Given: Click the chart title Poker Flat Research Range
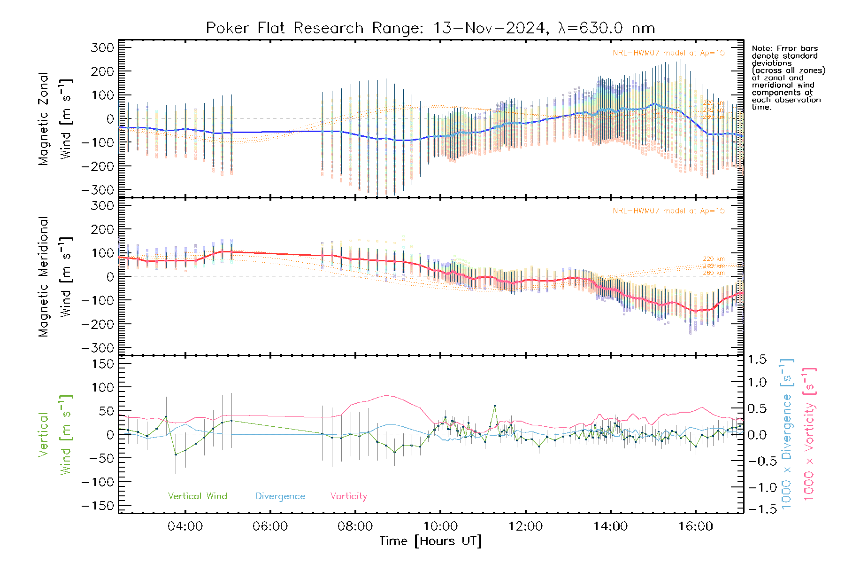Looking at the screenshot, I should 430,28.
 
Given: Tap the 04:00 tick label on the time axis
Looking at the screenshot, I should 185,526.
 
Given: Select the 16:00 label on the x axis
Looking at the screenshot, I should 695,526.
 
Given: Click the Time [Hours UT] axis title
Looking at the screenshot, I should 430,541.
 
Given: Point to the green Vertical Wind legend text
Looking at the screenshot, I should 197,496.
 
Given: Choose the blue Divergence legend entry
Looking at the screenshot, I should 280,496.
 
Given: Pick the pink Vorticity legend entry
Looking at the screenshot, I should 348,496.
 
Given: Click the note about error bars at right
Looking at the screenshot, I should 788,78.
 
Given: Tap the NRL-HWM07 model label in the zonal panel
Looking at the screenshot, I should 668,53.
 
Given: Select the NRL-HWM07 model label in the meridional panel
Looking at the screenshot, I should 668,211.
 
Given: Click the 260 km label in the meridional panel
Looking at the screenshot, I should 714,273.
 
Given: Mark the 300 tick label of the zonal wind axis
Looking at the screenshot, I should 102,47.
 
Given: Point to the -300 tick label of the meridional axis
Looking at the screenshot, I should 98,348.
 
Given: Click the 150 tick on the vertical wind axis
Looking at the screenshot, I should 102,364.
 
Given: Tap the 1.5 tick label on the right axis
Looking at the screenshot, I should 757,360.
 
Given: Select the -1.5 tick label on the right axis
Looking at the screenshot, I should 757,509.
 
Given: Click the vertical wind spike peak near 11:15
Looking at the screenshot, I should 494,406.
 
